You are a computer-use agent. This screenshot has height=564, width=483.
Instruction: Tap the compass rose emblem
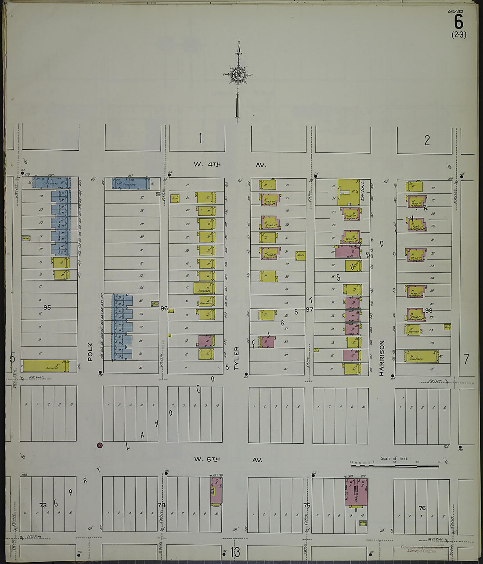[x=238, y=74]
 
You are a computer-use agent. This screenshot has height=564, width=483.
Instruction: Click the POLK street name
[x=90, y=352]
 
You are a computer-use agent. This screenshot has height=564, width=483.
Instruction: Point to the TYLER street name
[x=236, y=357]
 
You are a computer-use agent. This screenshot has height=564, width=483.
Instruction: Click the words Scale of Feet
[x=394, y=459]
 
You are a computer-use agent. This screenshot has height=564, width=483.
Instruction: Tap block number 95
[x=47, y=307]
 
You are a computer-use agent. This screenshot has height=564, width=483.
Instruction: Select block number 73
[x=43, y=505]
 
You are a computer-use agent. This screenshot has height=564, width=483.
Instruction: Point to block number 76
[x=422, y=508]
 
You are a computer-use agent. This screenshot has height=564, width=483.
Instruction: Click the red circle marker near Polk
[x=100, y=446]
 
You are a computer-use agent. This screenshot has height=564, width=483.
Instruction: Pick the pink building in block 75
[x=356, y=491]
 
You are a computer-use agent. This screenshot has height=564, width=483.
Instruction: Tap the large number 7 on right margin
[x=466, y=359]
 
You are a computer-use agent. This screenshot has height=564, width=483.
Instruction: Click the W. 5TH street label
[x=207, y=459]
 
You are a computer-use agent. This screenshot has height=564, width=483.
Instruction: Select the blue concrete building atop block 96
[x=130, y=183]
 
